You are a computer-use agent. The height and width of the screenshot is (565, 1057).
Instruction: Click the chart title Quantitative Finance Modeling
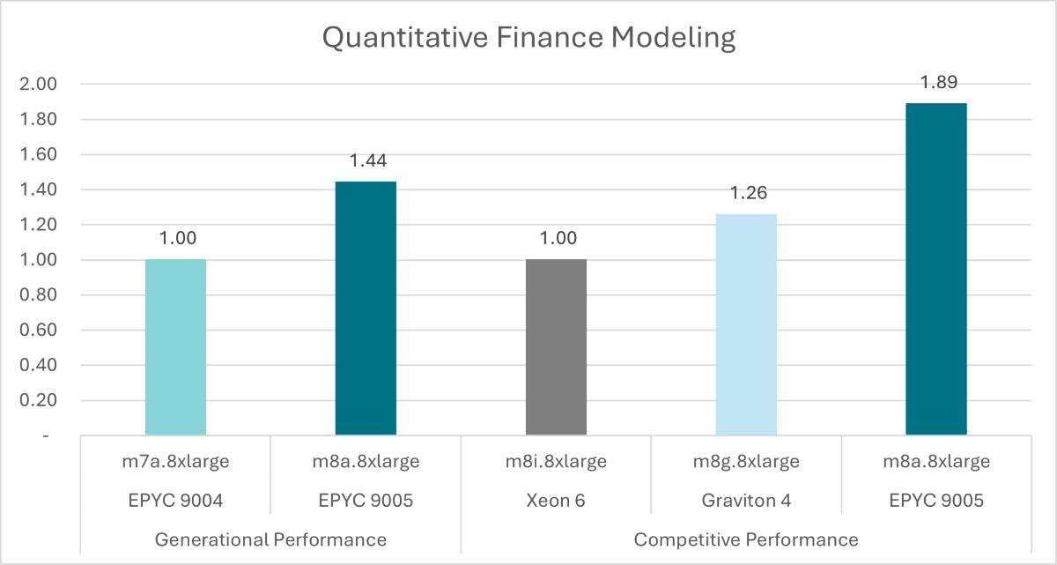(x=528, y=38)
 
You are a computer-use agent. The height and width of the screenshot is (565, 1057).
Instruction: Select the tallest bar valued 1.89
(x=936, y=269)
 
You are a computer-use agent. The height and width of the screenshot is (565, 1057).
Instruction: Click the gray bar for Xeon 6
(x=556, y=347)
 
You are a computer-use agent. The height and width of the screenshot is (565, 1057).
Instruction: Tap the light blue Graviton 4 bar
(x=746, y=324)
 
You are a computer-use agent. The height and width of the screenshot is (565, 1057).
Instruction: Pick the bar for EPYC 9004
(x=175, y=347)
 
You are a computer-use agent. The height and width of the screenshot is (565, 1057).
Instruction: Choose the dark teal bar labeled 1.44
(x=366, y=309)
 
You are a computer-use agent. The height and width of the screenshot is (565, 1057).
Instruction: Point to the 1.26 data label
(x=746, y=193)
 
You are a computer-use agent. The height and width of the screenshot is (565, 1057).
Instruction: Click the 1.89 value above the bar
(x=936, y=82)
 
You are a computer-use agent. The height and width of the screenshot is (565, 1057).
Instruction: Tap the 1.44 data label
(x=366, y=160)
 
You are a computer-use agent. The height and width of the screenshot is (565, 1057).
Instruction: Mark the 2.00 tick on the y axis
(x=38, y=85)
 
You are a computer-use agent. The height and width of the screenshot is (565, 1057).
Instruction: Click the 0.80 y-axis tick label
(x=38, y=295)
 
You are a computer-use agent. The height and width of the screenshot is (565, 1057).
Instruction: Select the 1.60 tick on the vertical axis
(x=38, y=155)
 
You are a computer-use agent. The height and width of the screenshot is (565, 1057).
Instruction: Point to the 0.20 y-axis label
(x=38, y=401)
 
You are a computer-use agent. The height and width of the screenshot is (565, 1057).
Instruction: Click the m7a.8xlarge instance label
(x=175, y=461)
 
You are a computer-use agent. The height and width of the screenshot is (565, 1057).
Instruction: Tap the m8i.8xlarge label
(x=556, y=461)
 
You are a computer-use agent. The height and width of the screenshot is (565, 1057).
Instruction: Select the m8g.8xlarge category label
(x=746, y=461)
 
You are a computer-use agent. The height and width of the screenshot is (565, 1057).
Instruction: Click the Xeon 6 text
(x=556, y=500)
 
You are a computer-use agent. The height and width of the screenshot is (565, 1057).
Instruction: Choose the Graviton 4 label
(x=746, y=500)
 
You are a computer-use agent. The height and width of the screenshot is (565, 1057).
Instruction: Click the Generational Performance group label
(x=270, y=539)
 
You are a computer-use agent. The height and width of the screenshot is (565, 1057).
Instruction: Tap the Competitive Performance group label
(x=746, y=539)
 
